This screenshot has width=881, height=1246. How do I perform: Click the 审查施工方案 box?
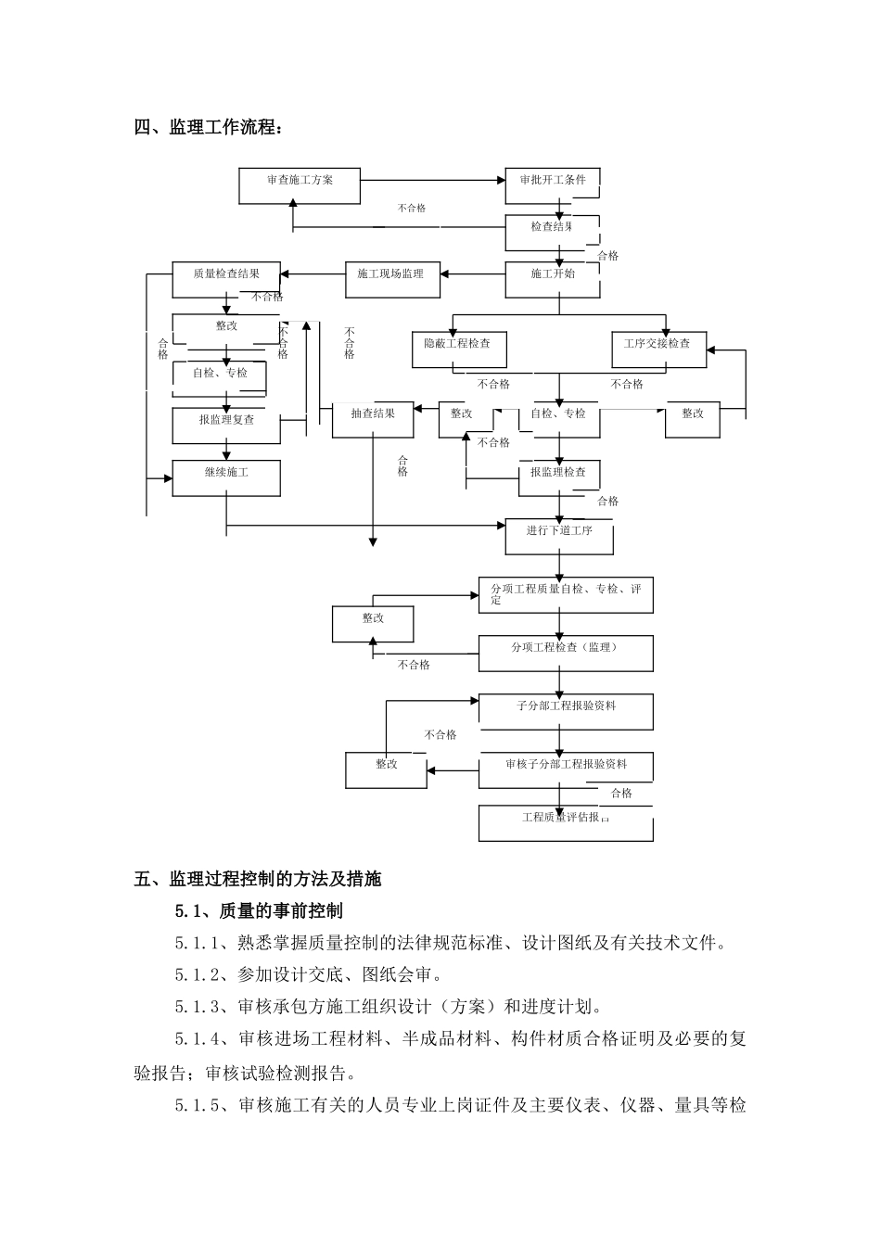coord(300,185)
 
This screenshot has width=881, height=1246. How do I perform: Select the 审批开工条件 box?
coord(552,185)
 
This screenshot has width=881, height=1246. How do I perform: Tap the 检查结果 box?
coord(552,232)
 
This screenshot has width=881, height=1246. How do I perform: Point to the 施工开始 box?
coord(552,279)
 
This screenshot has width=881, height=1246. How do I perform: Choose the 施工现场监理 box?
coord(391,279)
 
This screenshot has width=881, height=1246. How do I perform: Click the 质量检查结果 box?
coord(226,279)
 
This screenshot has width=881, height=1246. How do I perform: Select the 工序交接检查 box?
coord(658,350)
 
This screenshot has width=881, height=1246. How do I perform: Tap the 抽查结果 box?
coord(372,419)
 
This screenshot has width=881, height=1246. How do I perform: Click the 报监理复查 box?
coord(226,425)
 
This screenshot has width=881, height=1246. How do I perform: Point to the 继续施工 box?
coord(226,477)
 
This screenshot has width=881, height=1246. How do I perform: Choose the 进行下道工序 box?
coord(559,536)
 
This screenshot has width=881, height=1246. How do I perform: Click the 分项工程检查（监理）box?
coord(565,653)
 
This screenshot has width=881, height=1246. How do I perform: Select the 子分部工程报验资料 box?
coord(565,711)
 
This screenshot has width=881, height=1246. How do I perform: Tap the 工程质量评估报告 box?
coord(565,822)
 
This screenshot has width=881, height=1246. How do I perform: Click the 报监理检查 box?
coord(558,477)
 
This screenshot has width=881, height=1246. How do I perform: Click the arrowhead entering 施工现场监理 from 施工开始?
coord(445,274)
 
